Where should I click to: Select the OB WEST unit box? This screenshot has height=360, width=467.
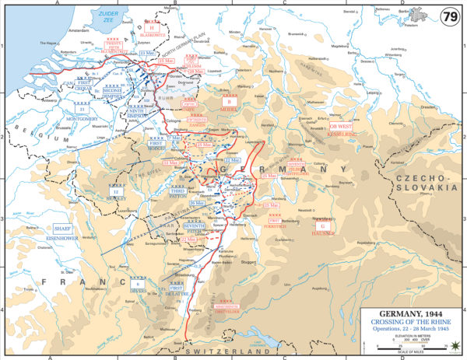(341, 124)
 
